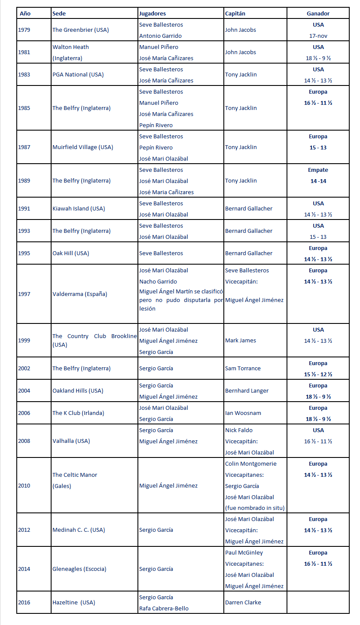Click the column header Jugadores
(x=152, y=13)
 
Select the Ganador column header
(x=318, y=13)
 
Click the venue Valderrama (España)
(x=80, y=294)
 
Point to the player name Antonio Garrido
(x=160, y=36)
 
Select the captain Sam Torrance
(x=243, y=368)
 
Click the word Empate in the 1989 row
(x=318, y=170)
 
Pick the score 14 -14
(x=318, y=181)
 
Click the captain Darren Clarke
(x=243, y=602)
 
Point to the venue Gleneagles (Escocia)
(x=79, y=569)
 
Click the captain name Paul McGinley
(x=244, y=552)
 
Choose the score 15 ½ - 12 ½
(x=318, y=374)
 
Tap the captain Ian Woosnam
(x=243, y=413)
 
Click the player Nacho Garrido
(x=158, y=281)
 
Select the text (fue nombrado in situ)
(x=255, y=508)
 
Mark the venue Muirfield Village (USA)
(x=82, y=147)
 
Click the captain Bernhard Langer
(x=247, y=390)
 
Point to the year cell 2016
(x=24, y=602)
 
